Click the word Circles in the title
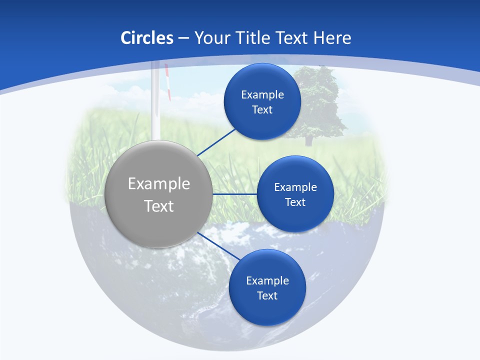tap(146, 37)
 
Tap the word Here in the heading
tap(332, 37)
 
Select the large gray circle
tap(158, 194)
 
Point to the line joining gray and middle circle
tap(234, 194)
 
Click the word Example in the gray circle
tap(158, 183)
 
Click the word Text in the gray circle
tap(158, 206)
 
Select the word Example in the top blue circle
tap(262, 94)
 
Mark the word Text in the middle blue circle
tap(295, 202)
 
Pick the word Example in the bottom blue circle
tap(267, 280)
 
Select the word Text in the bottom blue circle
tap(267, 295)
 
